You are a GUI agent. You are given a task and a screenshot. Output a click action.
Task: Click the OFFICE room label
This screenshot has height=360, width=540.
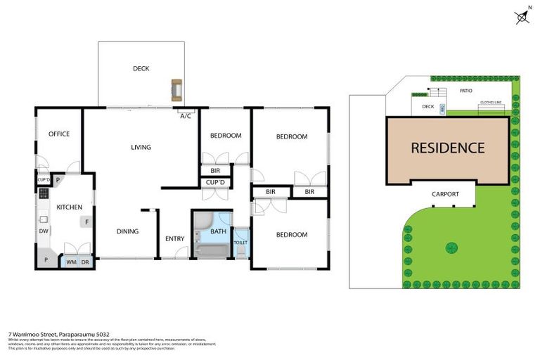58,134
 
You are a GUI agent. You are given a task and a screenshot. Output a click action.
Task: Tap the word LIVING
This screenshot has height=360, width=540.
141,147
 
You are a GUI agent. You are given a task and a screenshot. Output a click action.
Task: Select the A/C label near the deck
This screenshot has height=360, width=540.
186,116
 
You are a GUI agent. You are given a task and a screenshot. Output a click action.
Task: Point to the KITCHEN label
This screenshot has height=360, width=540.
70,207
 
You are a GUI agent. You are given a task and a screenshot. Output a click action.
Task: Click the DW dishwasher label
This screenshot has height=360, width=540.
44,231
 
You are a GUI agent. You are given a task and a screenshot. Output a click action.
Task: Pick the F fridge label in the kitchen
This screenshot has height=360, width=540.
86,222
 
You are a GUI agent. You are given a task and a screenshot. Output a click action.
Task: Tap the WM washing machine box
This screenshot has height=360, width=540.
71,262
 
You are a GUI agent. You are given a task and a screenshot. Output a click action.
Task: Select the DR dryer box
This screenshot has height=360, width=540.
84,262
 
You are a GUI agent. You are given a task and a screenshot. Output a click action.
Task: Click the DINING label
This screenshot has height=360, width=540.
127,231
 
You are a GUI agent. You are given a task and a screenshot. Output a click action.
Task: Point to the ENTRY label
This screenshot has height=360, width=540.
174,239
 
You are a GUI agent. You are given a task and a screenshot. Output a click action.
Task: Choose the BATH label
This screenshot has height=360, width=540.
218,231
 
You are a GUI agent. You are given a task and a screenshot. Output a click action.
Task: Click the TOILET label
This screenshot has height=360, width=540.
240,243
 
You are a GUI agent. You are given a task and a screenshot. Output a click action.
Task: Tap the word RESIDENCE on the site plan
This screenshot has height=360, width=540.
447,148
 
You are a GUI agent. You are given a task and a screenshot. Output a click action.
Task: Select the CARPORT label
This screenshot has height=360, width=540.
445,194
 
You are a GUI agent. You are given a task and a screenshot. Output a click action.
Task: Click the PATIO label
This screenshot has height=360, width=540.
465,91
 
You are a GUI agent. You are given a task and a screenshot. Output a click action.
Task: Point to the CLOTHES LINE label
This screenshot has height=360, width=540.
490,103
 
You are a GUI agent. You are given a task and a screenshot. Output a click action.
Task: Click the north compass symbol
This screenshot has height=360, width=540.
522,18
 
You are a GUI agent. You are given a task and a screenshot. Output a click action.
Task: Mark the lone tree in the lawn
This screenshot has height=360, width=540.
451,247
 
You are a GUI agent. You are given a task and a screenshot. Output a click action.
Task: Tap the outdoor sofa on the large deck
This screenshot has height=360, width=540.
176,90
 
